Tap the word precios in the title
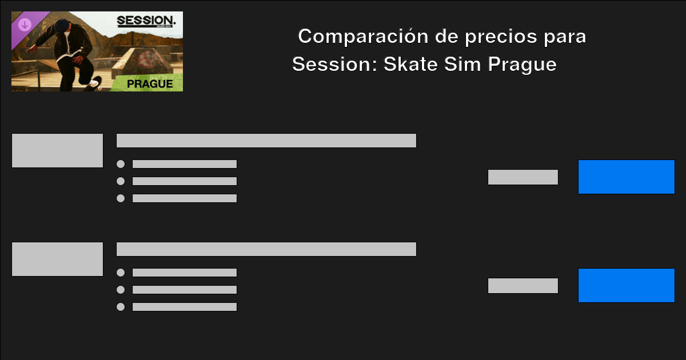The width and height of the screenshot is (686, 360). (498, 37)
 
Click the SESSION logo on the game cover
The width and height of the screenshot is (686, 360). (146, 22)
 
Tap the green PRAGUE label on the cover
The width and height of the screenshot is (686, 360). (150, 83)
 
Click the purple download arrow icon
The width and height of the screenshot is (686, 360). (25, 25)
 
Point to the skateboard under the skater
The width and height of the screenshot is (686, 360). (91, 83)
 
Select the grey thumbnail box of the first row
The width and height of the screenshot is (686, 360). (57, 151)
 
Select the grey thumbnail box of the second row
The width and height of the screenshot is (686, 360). (57, 259)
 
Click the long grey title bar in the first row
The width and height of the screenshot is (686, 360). (266, 141)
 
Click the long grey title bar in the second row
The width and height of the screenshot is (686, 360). (266, 249)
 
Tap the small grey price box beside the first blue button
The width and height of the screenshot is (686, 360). (523, 177)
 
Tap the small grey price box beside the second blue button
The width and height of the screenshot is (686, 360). (523, 286)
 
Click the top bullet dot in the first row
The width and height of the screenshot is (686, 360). (121, 164)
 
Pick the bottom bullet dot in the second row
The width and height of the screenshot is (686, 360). (121, 307)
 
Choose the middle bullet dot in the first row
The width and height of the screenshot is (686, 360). (121, 181)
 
